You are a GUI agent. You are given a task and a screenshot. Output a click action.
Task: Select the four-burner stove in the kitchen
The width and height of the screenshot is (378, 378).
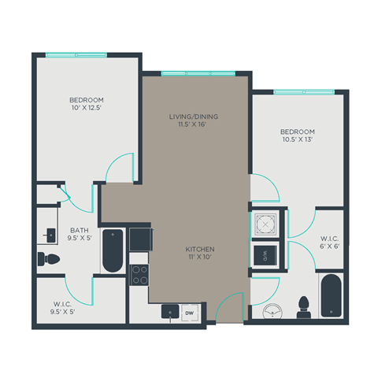coord(139,275)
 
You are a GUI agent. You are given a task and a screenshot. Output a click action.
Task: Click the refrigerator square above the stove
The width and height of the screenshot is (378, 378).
coord(140,238)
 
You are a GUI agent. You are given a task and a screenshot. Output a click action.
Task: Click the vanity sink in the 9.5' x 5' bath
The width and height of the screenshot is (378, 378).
coord(50,235)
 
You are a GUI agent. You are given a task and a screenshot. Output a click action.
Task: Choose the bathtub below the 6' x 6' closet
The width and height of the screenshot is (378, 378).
coord(330,297)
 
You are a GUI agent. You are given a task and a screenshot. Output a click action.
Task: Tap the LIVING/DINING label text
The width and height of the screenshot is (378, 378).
coord(193,117)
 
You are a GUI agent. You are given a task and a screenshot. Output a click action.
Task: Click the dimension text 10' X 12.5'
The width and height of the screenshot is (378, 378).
coord(87,108)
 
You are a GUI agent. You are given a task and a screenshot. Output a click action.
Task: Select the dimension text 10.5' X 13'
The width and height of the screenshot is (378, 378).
coord(297,139)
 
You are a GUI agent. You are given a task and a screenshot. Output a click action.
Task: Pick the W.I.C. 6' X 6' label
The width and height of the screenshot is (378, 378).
coord(329,242)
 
